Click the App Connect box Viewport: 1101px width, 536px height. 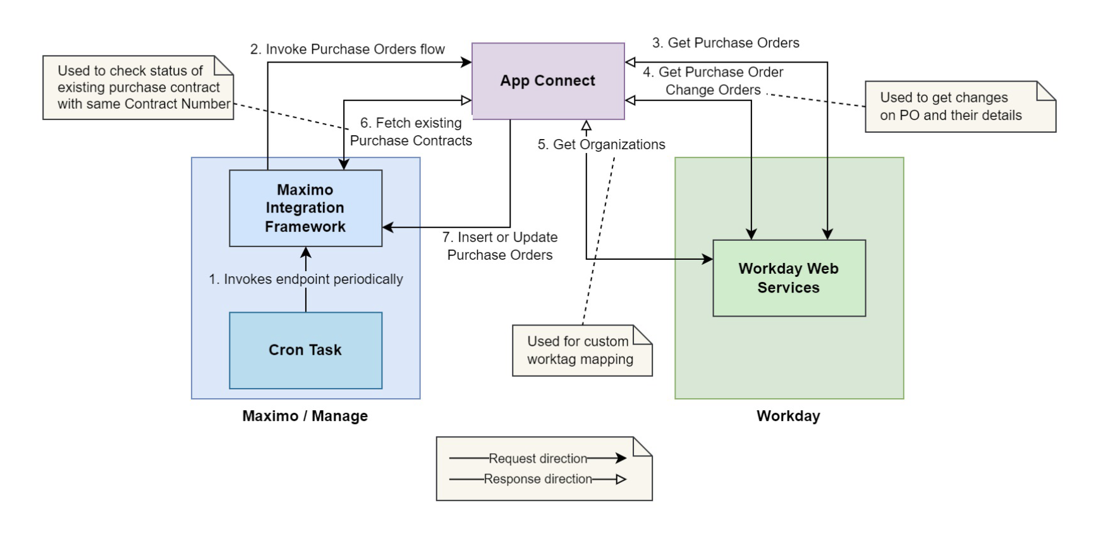tap(548, 81)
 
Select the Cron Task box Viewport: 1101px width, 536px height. tap(305, 350)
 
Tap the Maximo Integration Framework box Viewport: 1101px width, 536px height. tap(305, 208)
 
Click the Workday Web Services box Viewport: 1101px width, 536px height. tap(789, 278)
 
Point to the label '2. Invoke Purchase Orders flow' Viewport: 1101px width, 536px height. tap(347, 49)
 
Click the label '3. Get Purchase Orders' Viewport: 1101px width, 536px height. tap(726, 43)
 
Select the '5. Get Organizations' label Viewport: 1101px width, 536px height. tap(601, 145)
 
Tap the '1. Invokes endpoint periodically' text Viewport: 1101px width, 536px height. tap(306, 279)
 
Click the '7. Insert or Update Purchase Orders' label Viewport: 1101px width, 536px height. tap(500, 246)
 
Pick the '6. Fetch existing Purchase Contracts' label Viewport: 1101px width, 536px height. tap(411, 131)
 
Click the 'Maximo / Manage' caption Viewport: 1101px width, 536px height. tap(305, 416)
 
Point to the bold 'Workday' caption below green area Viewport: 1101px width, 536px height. tap(788, 416)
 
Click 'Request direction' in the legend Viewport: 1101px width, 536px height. tap(538, 458)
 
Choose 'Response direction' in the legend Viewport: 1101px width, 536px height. tap(538, 479)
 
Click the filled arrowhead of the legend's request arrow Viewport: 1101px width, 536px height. tap(621, 458)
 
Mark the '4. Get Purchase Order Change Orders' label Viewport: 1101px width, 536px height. tap(713, 81)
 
